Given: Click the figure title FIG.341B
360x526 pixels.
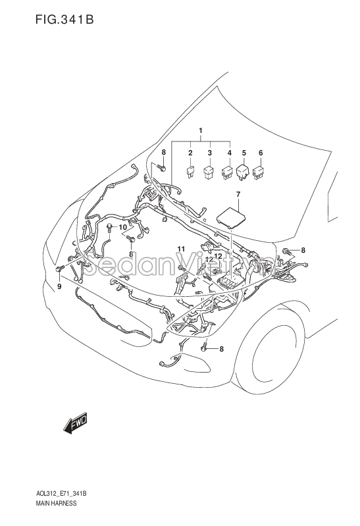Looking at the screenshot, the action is pos(64,19).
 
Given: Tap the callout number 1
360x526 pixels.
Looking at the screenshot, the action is pos(201,130).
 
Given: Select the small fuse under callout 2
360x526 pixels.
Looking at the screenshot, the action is pos(190,171).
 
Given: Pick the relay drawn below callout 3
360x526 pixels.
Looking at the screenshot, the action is pos(209,171).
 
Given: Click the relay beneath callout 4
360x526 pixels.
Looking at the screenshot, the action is pos(228,172).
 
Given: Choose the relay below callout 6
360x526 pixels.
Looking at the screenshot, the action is pos(259,172).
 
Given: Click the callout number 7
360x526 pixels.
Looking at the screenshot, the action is pos(238,194).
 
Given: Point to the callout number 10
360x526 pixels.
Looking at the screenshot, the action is pos(123,227).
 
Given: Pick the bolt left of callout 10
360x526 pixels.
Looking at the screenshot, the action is pos(110,227).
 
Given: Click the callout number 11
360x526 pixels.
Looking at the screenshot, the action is pos(181,249).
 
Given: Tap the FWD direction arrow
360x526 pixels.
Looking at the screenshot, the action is pos(75,423).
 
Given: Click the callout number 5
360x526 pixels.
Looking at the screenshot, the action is pos(244,153).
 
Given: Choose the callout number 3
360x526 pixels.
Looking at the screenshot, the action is pos(210,153).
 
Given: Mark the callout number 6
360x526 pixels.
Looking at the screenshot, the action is pos(261,153).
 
